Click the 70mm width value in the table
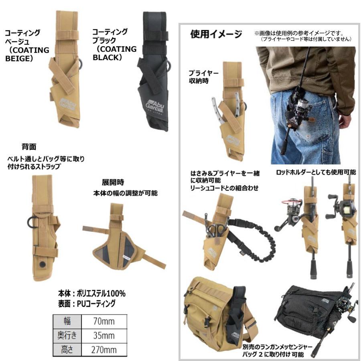[x=104, y=321]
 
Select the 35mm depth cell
[x=104, y=335]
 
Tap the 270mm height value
[x=104, y=350]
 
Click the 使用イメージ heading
[x=216, y=34]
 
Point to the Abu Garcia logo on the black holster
[x=155, y=106]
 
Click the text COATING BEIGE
[x=27, y=54]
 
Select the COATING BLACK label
[x=114, y=53]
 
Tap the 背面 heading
[x=29, y=147]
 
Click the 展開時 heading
[x=113, y=183]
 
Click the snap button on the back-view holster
[x=42, y=264]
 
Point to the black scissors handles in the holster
[x=217, y=229]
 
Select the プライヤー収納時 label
[x=203, y=77]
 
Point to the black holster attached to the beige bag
[x=236, y=313]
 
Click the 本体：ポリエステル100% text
[x=91, y=294]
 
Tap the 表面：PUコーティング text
[x=87, y=304]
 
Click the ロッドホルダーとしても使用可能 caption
[x=316, y=172]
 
